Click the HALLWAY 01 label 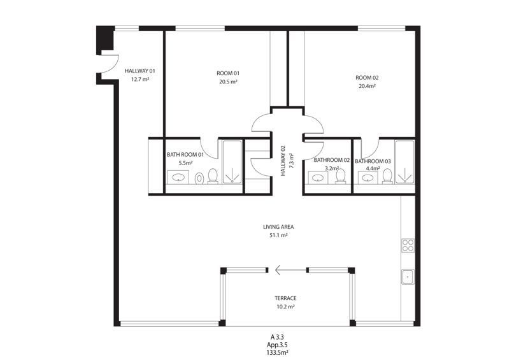point(140,71)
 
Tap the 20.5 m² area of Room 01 point(228,82)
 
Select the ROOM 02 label point(367,78)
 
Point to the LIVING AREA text point(278,227)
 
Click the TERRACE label point(285,298)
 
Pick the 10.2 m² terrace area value point(285,307)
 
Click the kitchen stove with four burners point(408,245)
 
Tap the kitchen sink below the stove point(408,277)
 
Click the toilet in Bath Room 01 point(213,176)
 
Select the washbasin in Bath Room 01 point(178,177)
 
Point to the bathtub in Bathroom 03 point(405,162)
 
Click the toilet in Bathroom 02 point(341,176)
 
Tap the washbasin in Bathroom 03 point(367,178)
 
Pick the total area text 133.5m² point(277,353)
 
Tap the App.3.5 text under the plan point(277,345)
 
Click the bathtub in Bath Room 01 point(232,162)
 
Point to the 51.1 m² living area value point(278,235)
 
